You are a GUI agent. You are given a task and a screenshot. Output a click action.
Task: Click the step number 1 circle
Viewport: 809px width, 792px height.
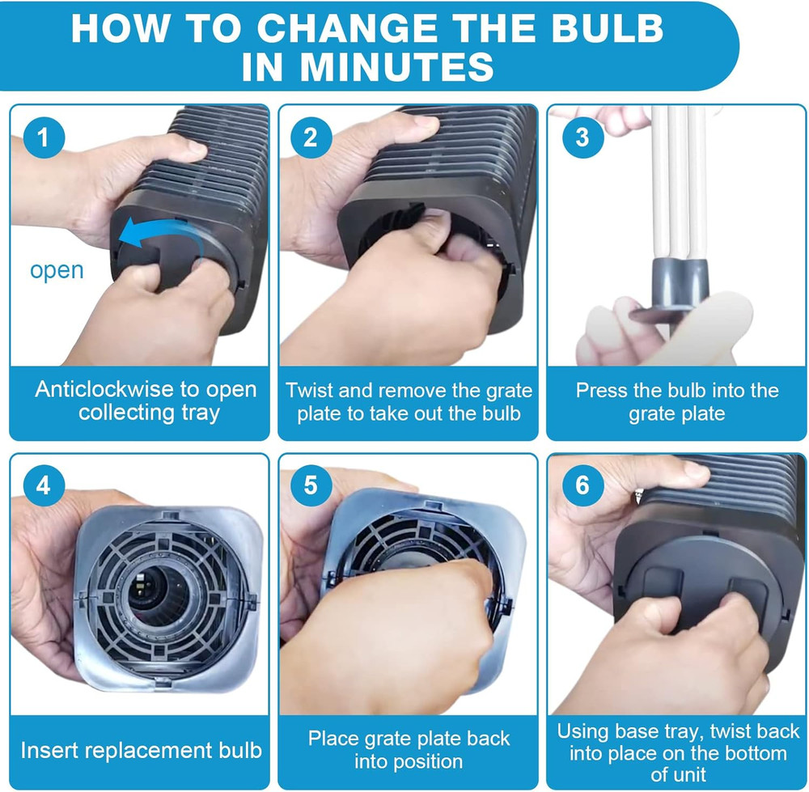pos(44,138)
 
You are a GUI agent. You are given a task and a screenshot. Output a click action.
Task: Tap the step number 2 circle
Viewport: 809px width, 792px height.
pos(311,138)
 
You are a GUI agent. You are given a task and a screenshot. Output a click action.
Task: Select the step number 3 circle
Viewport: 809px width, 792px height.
pos(583,138)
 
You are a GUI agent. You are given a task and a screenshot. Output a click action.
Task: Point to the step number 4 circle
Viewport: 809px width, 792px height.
pos(44,485)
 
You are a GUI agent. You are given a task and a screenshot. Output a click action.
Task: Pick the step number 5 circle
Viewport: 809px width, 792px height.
pos(311,485)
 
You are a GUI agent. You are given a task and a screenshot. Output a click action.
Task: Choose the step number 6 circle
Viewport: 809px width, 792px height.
pos(583,485)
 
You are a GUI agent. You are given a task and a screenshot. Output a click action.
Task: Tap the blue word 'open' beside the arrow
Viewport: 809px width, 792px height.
pos(57,270)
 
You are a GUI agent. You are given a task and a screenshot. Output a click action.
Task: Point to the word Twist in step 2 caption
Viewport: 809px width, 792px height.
pos(310,391)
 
